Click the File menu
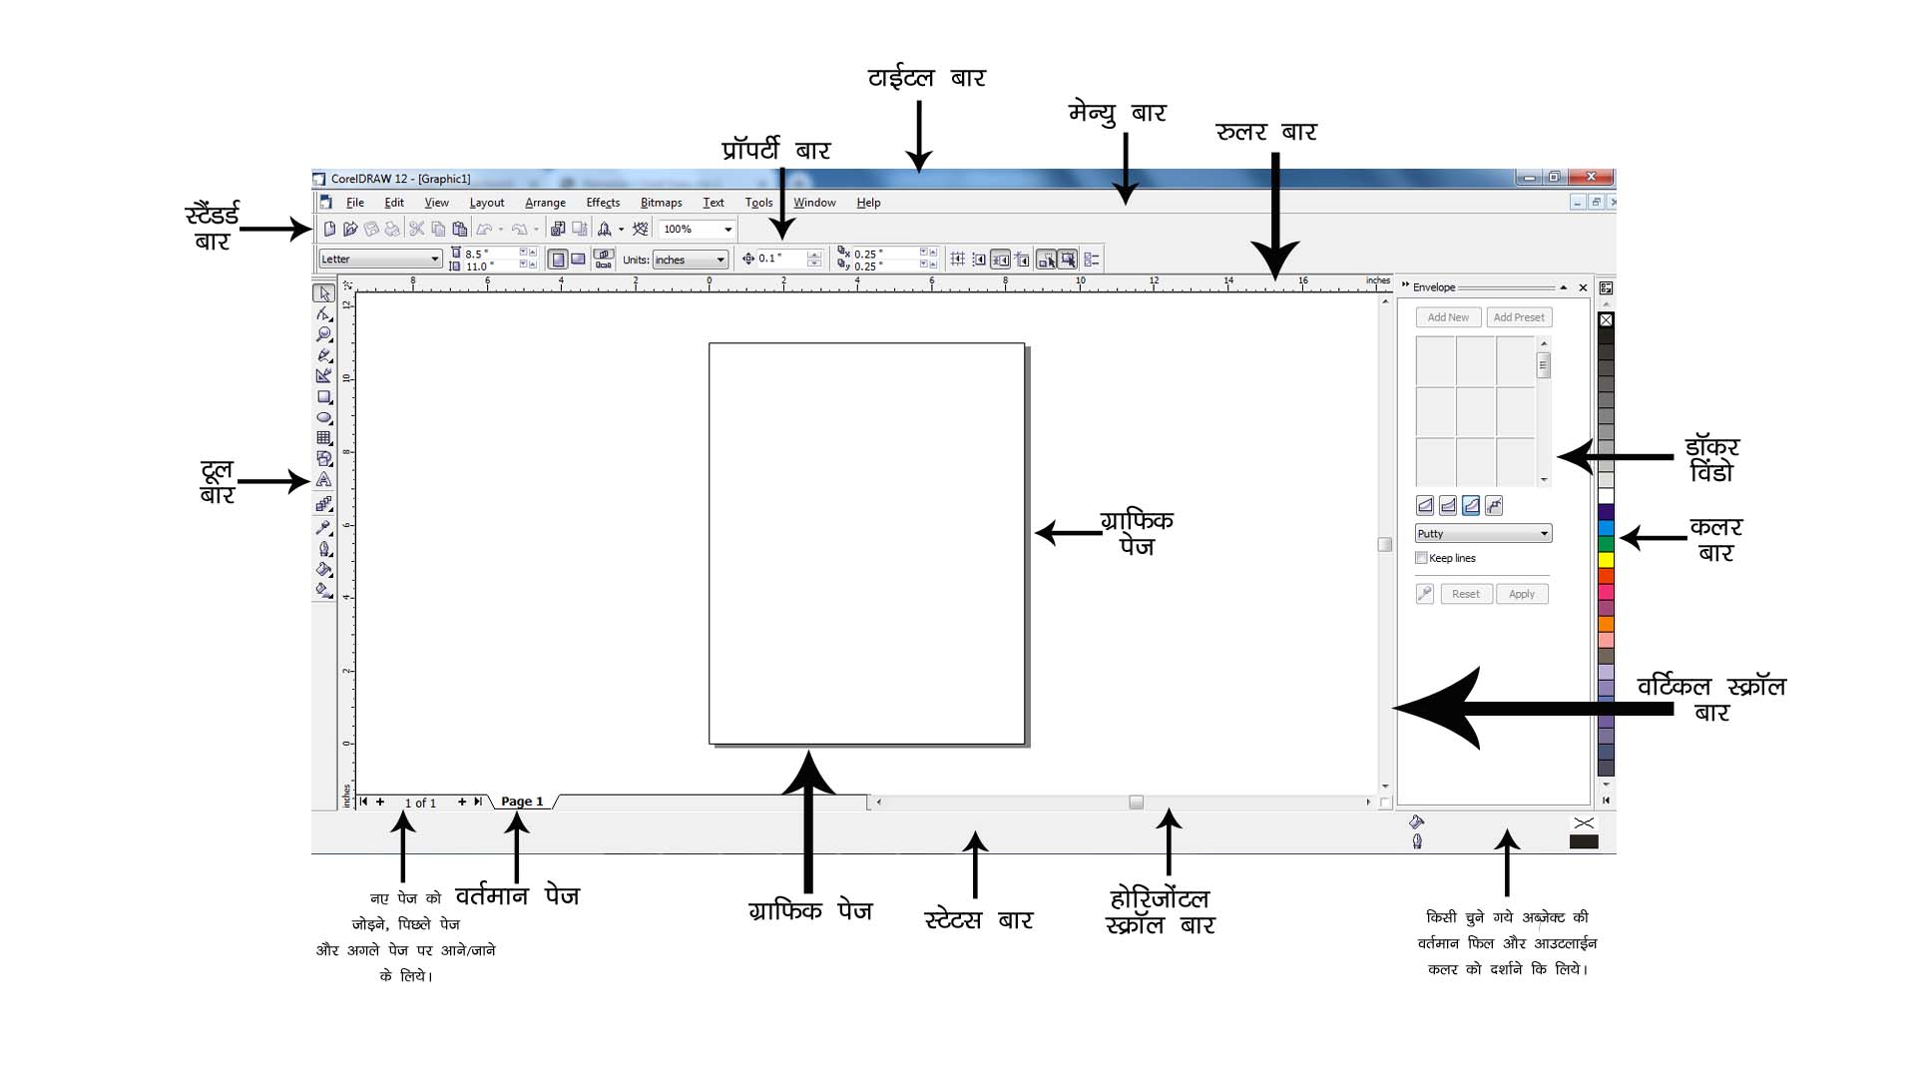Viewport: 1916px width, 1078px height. pyautogui.click(x=354, y=203)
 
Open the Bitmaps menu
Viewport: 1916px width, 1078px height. pyautogui.click(x=661, y=203)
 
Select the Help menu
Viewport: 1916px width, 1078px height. pyautogui.click(x=868, y=203)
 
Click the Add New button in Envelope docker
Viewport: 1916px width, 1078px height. pyautogui.click(x=1447, y=317)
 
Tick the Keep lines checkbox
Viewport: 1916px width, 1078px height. pyautogui.click(x=1421, y=558)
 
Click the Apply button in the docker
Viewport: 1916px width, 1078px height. pyautogui.click(x=1521, y=594)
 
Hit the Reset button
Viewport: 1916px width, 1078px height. pyautogui.click(x=1466, y=594)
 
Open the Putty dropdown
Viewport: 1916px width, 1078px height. pyautogui.click(x=1483, y=534)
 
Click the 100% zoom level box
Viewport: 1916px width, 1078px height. pyautogui.click(x=696, y=230)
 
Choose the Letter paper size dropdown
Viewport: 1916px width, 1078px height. pyautogui.click(x=380, y=260)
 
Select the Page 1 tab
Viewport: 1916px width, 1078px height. pyautogui.click(x=522, y=802)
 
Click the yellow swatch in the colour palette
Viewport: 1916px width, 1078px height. pyautogui.click(x=1606, y=560)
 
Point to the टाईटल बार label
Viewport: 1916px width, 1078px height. pyautogui.click(x=926, y=78)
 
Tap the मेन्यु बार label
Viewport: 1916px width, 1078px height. pyautogui.click(x=1117, y=113)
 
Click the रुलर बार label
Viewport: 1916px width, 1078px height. pyautogui.click(x=1265, y=132)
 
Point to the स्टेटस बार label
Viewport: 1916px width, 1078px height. pyautogui.click(x=978, y=919)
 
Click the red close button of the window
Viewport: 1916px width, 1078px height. pyautogui.click(x=1591, y=177)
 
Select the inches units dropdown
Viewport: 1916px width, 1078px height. pyautogui.click(x=690, y=260)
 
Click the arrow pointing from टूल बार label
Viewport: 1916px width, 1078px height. pyautogui.click(x=273, y=482)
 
